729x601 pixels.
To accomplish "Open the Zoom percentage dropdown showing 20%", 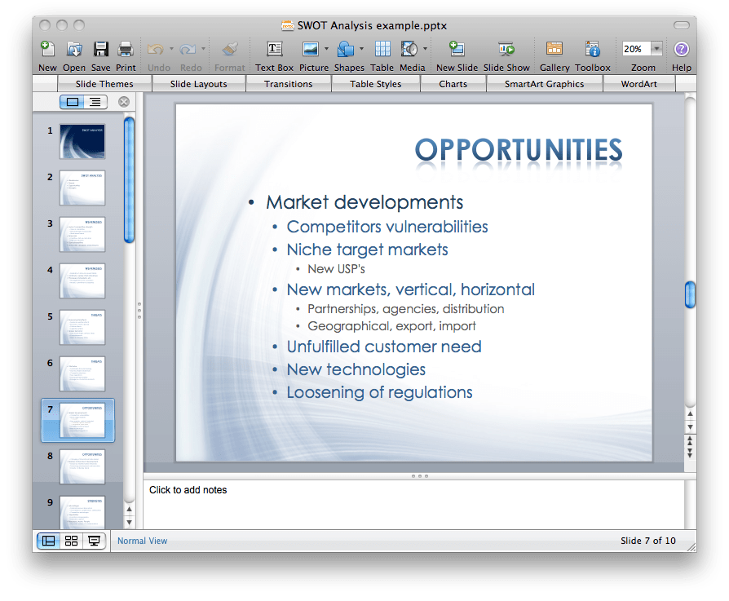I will pyautogui.click(x=656, y=49).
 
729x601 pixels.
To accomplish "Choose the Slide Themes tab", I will pyautogui.click(x=104, y=84).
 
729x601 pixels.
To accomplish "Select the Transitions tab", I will pyautogui.click(x=288, y=84).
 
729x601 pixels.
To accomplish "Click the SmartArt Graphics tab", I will pyautogui.click(x=544, y=84).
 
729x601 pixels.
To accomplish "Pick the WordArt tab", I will pyautogui.click(x=638, y=84).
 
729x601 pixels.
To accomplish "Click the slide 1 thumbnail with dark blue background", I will pyautogui.click(x=82, y=141).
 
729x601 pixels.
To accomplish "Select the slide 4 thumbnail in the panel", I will pyautogui.click(x=82, y=281).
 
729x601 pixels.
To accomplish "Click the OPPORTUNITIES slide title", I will pyautogui.click(x=518, y=150).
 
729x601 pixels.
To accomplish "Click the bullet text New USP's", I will pyautogui.click(x=336, y=269).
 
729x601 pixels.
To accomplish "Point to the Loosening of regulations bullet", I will pyautogui.click(x=379, y=392).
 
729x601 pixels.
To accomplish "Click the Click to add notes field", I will pyautogui.click(x=188, y=490).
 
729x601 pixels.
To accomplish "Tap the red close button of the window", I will pyautogui.click(x=45, y=26).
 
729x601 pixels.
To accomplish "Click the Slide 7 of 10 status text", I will pyautogui.click(x=647, y=541).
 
